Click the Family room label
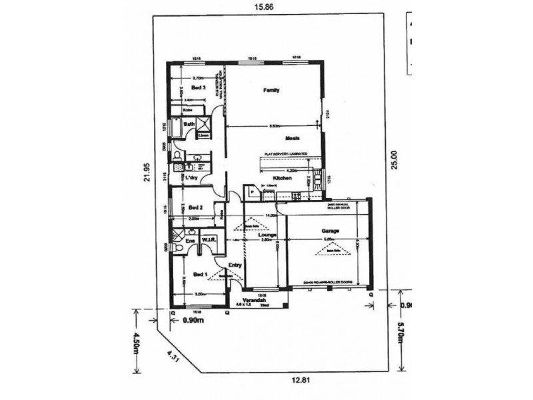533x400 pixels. click(x=270, y=90)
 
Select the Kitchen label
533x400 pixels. click(x=280, y=178)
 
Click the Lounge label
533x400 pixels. click(x=268, y=235)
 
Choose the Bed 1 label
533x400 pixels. click(x=199, y=274)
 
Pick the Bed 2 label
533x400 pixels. click(x=195, y=207)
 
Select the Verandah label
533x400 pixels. click(x=255, y=301)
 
